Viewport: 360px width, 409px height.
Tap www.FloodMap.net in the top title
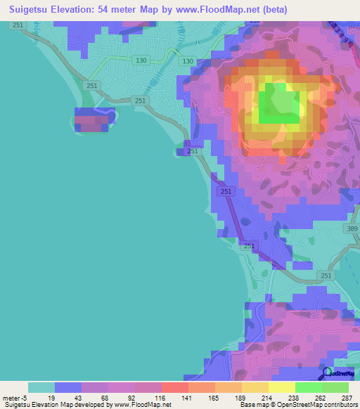tap(214, 11)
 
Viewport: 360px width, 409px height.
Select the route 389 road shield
tap(352, 230)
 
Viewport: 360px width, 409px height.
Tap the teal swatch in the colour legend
tap(41, 387)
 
